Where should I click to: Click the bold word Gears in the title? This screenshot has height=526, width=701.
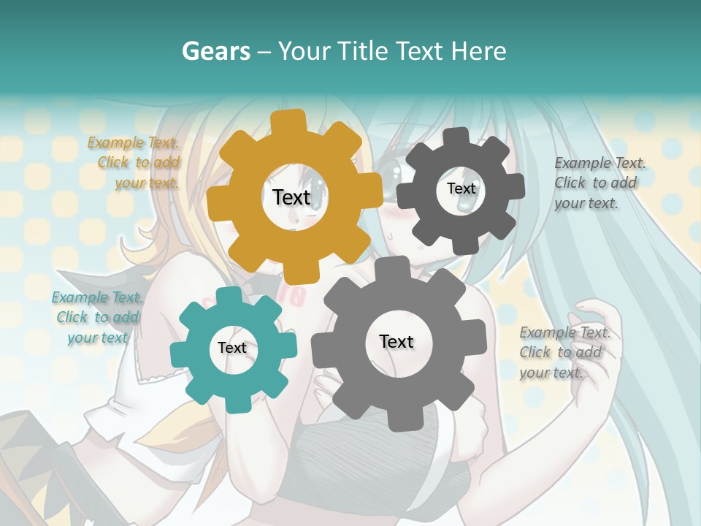pyautogui.click(x=215, y=51)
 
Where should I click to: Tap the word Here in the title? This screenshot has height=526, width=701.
pyautogui.click(x=479, y=51)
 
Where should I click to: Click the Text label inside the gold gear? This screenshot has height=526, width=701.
pyautogui.click(x=291, y=197)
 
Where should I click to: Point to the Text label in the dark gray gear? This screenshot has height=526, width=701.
pyautogui.click(x=461, y=188)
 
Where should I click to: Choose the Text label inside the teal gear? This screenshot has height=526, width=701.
pyautogui.click(x=232, y=348)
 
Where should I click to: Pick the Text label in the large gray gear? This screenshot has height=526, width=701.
pyautogui.click(x=397, y=341)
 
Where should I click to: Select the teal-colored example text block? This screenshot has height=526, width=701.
pyautogui.click(x=97, y=317)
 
